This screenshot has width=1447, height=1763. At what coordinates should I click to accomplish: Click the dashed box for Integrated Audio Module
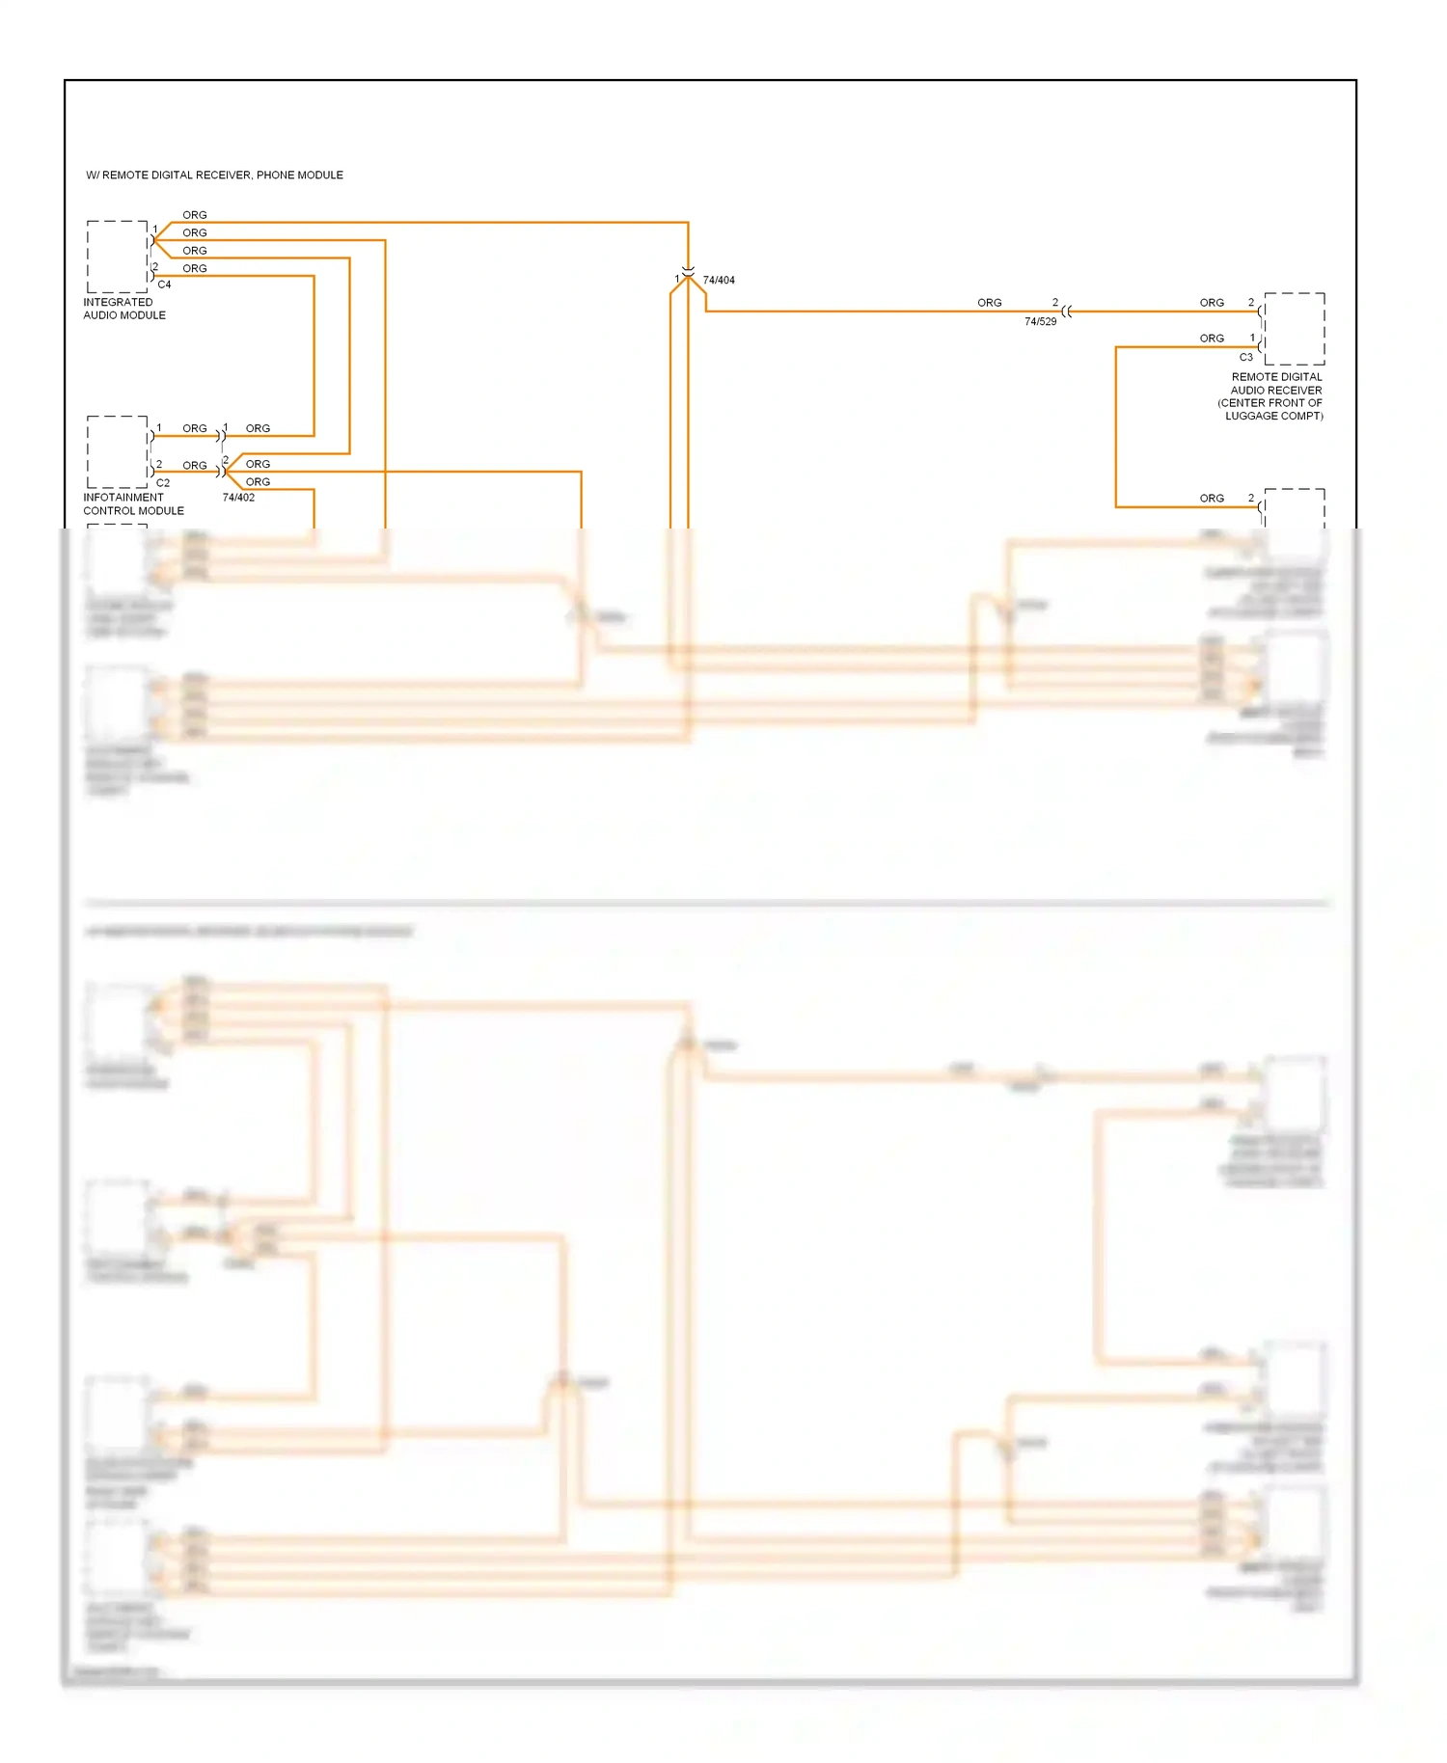coord(118,257)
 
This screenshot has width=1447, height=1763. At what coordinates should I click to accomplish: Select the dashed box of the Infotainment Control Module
coord(118,452)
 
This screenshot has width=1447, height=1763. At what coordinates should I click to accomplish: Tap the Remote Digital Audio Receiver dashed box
coord(1295,329)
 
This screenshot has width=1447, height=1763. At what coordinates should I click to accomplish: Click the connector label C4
coord(164,285)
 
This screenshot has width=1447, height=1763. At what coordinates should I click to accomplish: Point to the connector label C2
coord(163,482)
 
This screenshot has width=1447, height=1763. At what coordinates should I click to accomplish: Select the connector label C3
coord(1245,357)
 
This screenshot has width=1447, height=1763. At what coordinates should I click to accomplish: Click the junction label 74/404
coord(719,281)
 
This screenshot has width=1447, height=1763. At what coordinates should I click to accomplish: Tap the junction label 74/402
coord(238,498)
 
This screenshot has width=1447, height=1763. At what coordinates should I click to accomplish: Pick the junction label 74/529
coord(1040,322)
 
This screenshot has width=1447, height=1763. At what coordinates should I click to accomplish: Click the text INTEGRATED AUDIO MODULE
coord(123,309)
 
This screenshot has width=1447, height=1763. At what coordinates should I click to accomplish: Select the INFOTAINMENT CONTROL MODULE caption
coord(133,504)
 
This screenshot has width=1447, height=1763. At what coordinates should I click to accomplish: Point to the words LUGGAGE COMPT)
coord(1273,416)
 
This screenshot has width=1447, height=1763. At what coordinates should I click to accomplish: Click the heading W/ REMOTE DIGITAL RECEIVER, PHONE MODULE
coord(214,176)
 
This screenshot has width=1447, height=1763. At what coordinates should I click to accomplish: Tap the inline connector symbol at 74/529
coord(1066,312)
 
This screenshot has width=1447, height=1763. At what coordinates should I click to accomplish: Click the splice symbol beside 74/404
coord(688,274)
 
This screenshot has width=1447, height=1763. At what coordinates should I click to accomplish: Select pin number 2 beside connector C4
coord(155,267)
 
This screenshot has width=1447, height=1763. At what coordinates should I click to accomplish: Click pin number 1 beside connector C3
coord(1252,338)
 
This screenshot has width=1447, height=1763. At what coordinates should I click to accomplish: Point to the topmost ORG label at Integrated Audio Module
coord(195,215)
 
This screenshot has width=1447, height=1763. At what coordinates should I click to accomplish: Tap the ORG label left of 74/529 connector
coord(989,303)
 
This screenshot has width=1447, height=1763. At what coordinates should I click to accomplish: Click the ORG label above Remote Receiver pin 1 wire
coord(1212,339)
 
